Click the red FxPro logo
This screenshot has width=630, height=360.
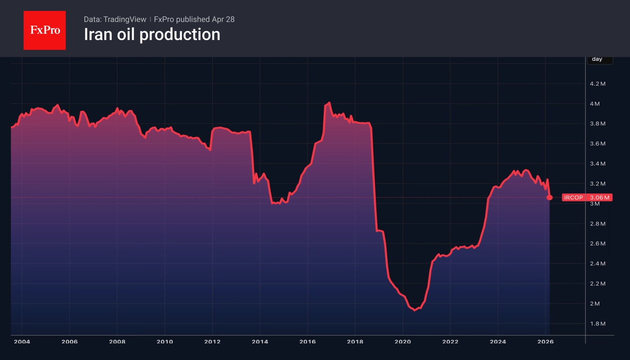pyautogui.click(x=44, y=30)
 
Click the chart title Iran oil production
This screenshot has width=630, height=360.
pyautogui.click(x=152, y=35)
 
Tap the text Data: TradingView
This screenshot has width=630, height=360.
pyautogui.click(x=115, y=19)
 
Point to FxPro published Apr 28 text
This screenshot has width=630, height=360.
pyautogui.click(x=194, y=19)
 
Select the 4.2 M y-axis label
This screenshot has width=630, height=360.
pyautogui.click(x=598, y=84)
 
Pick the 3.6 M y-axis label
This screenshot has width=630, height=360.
pyautogui.click(x=598, y=144)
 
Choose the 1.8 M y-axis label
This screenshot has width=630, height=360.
pyautogui.click(x=598, y=324)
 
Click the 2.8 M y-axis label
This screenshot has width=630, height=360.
pyautogui.click(x=598, y=224)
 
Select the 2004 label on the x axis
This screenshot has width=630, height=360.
pyautogui.click(x=22, y=342)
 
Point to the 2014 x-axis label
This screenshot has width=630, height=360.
pyautogui.click(x=260, y=342)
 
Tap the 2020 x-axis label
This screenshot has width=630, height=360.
pyautogui.click(x=402, y=342)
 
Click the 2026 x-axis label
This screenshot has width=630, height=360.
pyautogui.click(x=545, y=342)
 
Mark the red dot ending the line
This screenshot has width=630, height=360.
pyautogui.click(x=550, y=197)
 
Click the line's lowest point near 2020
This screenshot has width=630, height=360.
pyautogui.click(x=415, y=310)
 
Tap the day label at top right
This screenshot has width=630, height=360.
pyautogui.click(x=597, y=59)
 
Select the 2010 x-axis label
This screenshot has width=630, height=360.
pyautogui.click(x=165, y=342)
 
